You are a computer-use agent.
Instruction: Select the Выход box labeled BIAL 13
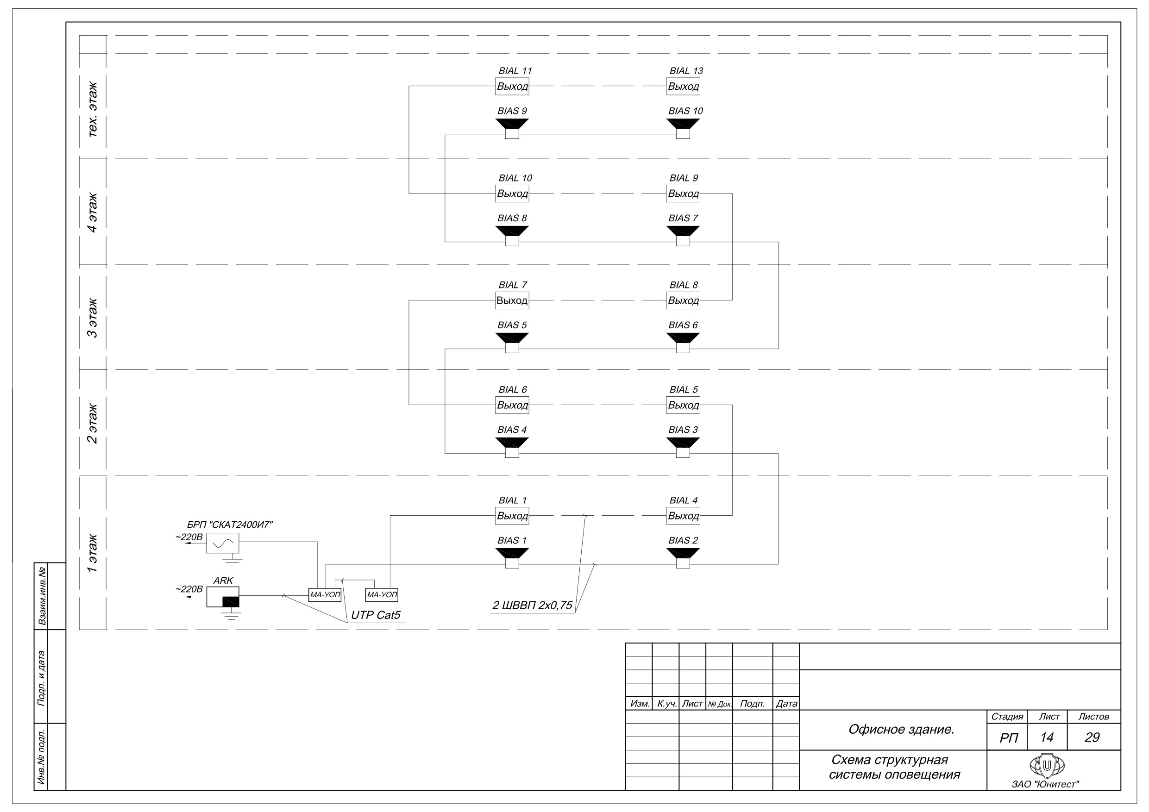(683, 86)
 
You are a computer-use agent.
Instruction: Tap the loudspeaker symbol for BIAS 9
(512, 129)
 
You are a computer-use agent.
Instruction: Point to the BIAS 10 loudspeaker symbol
(683, 129)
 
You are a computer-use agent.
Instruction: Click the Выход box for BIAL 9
(683, 193)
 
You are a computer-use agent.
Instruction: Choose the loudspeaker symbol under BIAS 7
(683, 236)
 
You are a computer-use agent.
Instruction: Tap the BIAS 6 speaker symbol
(683, 343)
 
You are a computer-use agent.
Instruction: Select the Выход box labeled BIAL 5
(683, 405)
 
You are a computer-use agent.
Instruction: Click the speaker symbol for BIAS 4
(512, 447)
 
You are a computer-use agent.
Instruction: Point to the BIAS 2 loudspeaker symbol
(683, 558)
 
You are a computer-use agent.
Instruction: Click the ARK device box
(223, 597)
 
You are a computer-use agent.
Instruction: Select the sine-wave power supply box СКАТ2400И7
(223, 543)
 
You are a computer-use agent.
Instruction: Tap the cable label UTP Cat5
(376, 615)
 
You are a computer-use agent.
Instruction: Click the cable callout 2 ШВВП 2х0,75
(532, 606)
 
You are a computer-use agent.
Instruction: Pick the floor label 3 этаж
(93, 318)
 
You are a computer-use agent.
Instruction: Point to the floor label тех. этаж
(93, 109)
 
